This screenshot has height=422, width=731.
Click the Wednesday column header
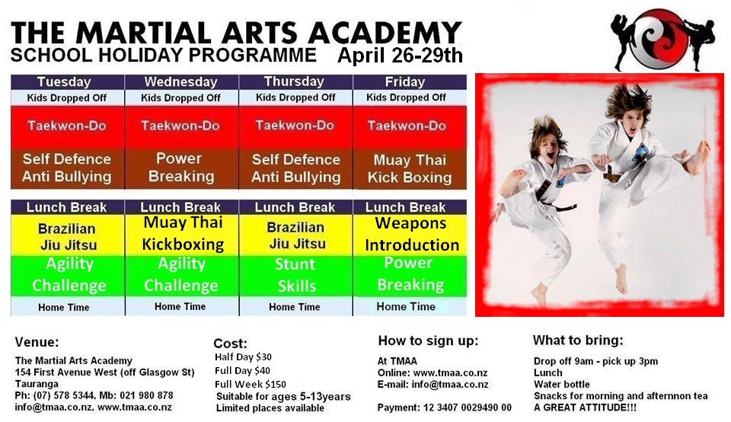[x=181, y=82]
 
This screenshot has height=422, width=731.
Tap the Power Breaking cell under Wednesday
[x=181, y=168]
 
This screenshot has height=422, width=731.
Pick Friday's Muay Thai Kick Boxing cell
[x=410, y=169]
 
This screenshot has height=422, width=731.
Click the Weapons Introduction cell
[x=410, y=234]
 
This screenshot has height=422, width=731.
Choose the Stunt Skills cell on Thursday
[x=295, y=275]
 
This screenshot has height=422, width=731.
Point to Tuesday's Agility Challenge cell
[x=68, y=275]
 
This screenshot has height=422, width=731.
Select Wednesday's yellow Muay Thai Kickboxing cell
[x=182, y=234]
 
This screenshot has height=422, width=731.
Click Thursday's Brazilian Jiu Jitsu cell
[x=295, y=235]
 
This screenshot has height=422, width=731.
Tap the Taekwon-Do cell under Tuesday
[x=67, y=126]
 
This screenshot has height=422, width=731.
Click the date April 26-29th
[x=400, y=56]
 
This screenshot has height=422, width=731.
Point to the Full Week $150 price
[x=251, y=384]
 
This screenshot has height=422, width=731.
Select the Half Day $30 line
[x=243, y=357]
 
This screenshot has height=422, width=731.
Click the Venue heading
[x=37, y=342]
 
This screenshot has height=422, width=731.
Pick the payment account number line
[x=444, y=408]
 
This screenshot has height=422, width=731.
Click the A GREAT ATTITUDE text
[x=585, y=408]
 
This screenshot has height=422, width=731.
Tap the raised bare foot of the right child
[x=698, y=158]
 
